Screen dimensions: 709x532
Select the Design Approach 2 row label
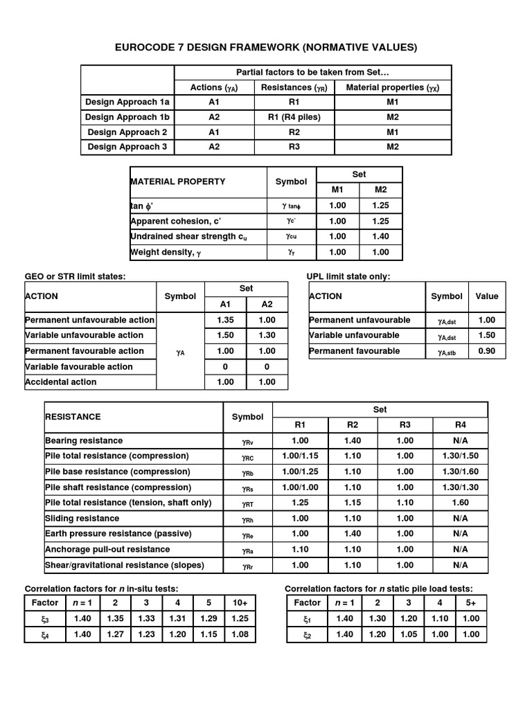127,132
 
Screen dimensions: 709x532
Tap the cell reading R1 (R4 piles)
294,117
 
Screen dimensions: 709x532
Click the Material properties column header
393,87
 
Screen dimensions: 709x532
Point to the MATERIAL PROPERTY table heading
177,181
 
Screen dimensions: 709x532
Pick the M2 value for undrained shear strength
381,237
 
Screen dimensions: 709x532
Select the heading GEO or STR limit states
76,276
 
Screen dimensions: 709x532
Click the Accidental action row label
61,382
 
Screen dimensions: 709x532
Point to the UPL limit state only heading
348,276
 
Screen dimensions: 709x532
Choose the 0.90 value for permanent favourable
487,351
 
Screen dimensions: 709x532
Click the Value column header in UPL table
487,296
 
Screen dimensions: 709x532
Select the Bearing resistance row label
84,440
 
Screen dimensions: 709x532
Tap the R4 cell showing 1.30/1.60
460,472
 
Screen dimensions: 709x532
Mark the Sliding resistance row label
82,518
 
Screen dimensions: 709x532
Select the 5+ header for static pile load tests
471,602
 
